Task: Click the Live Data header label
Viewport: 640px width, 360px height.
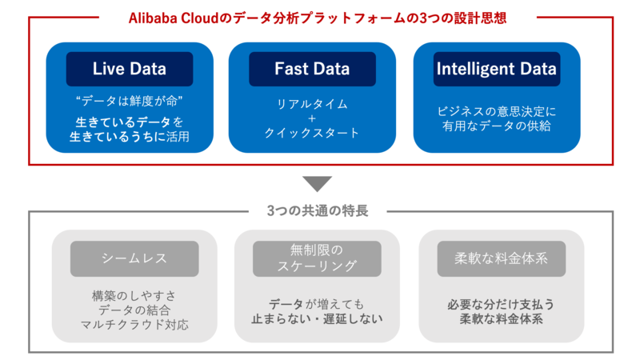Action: [130, 69]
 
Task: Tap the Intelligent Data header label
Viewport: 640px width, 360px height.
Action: [497, 69]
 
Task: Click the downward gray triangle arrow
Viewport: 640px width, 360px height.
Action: [318, 183]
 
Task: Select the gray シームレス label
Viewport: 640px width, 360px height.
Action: [134, 258]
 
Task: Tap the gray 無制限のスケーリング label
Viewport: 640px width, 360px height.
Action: [318, 258]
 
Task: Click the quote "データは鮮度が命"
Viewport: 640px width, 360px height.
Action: [130, 101]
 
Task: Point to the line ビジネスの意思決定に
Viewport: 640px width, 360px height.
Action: [497, 110]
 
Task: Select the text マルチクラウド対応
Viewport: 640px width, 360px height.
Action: [134, 324]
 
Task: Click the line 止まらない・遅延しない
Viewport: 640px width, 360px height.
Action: [318, 318]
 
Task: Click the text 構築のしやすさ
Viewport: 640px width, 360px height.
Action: [134, 295]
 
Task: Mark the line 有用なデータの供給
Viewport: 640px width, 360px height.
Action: [497, 126]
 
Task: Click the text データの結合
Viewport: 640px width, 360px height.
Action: [134, 310]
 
